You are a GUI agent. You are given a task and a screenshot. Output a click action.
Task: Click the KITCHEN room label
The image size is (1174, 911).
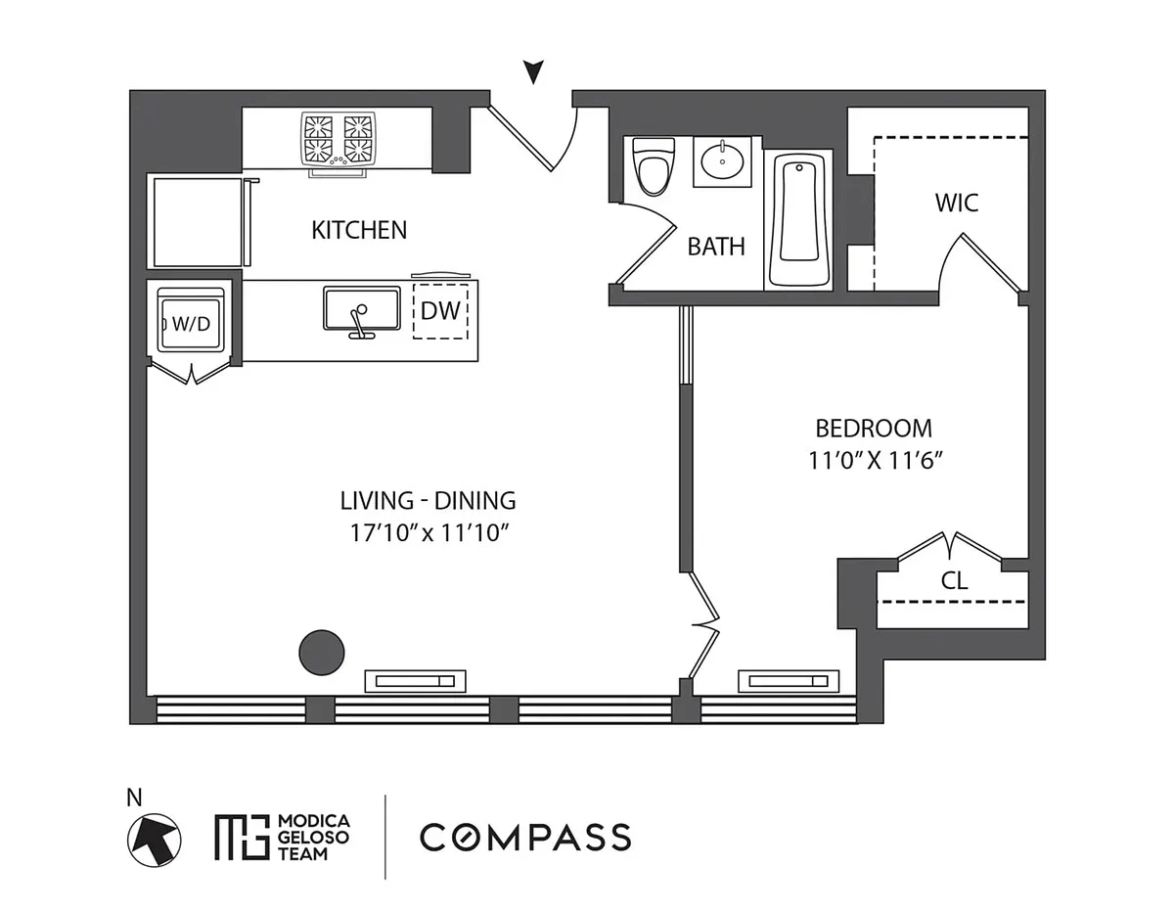[359, 230]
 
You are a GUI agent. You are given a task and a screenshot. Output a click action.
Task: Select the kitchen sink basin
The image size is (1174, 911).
[362, 309]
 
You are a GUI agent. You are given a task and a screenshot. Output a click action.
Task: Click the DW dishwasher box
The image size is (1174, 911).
[440, 311]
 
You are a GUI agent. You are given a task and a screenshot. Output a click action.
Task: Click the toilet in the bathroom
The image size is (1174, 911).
[654, 166]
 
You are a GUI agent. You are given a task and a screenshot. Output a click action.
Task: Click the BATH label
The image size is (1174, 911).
[716, 247]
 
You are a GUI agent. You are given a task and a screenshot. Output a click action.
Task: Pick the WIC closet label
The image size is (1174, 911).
[957, 204]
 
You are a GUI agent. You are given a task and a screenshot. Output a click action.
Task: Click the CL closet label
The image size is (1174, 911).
[954, 581]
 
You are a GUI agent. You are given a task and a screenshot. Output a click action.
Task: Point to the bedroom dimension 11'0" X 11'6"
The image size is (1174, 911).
[876, 461]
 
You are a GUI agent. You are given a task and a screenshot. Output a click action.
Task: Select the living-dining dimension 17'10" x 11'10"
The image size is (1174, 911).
[429, 532]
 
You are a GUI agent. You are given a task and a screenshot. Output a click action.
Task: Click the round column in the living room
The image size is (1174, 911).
[322, 652]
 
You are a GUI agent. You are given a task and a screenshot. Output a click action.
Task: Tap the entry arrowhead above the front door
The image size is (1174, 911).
[534, 71]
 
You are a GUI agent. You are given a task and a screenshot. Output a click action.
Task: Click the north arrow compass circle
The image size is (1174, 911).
[154, 841]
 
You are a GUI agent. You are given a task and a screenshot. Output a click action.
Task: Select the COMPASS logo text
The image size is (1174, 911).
[525, 838]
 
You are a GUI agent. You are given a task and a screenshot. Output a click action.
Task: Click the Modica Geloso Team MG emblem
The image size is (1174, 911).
[242, 838]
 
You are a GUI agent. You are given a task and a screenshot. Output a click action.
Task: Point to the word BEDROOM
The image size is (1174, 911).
[874, 429]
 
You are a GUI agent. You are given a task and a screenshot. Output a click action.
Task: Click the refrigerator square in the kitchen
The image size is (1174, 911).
[198, 222]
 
